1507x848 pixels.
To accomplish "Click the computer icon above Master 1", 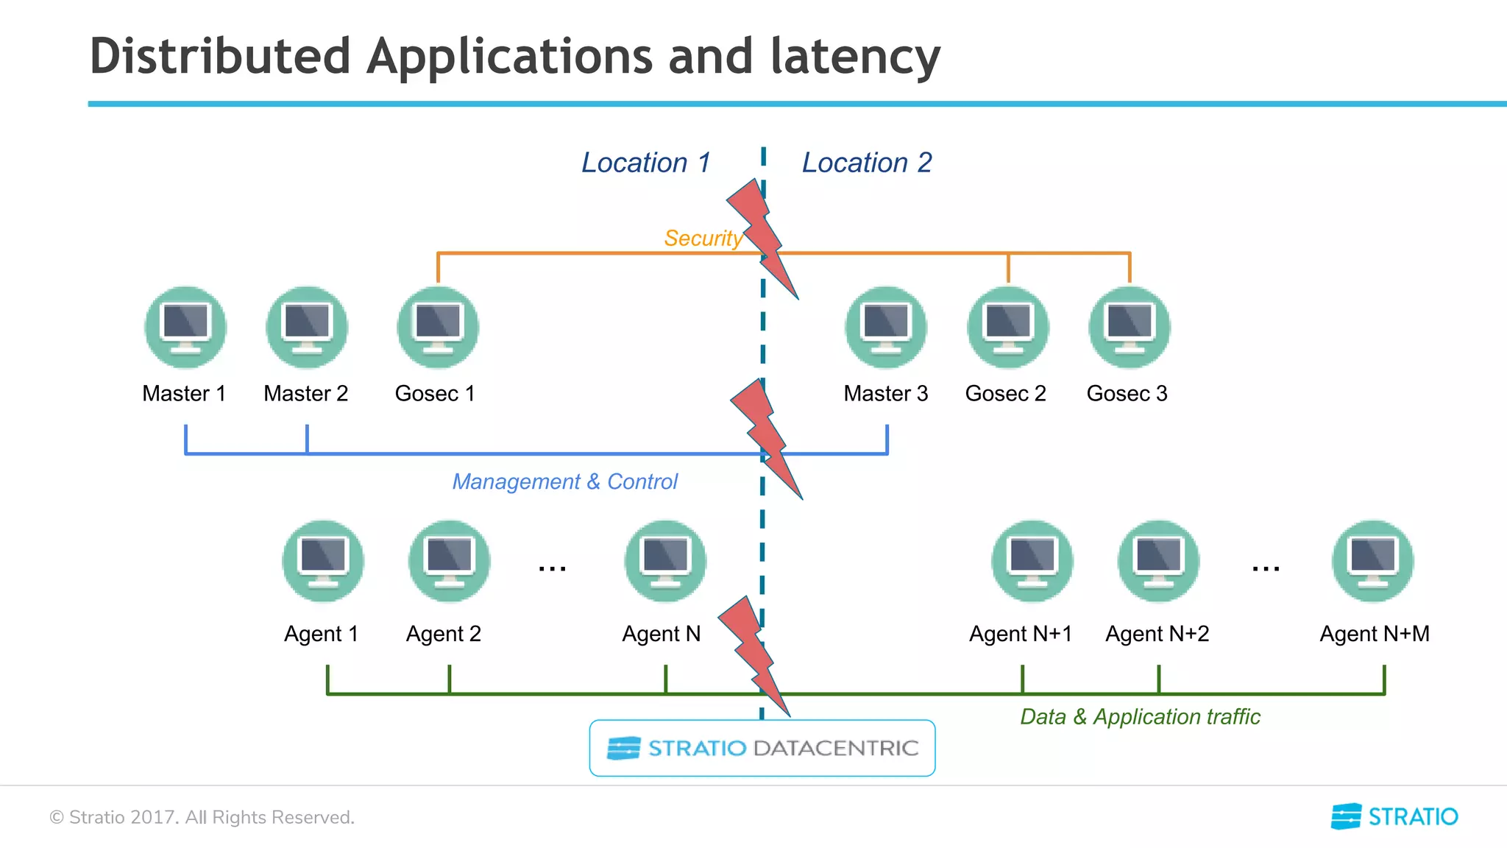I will click(185, 328).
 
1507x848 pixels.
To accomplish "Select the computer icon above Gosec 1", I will click(438, 328).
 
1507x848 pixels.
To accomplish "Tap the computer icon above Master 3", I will click(886, 328).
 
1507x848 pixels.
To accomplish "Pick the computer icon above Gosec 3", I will click(1130, 328).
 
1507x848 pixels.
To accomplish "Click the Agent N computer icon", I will click(665, 562).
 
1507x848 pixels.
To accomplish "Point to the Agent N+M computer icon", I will click(1373, 562).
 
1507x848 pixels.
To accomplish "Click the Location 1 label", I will click(646, 163).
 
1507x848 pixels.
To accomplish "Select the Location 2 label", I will click(867, 163).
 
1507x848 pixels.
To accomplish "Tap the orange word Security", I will click(703, 239).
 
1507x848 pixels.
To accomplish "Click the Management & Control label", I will click(564, 481).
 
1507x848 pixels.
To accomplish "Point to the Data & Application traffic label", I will click(1140, 716).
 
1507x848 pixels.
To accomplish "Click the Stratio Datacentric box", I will click(762, 748).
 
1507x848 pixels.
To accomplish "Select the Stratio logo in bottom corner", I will click(1394, 816).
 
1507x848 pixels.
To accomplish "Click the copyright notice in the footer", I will click(202, 817).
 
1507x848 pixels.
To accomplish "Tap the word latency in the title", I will click(855, 57).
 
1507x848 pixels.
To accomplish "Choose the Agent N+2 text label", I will click(1157, 634).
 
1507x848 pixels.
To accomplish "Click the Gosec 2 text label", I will click(1005, 394).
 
